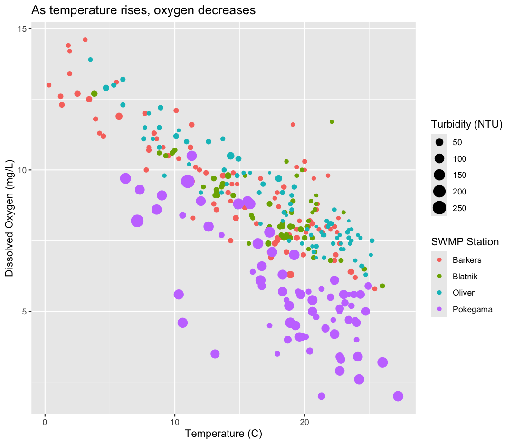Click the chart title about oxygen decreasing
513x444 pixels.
(x=143, y=10)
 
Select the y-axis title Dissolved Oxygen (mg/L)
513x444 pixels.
(x=9, y=221)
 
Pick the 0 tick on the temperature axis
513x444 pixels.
(x=45, y=421)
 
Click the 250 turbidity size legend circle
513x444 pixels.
(x=439, y=208)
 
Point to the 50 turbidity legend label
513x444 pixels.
(x=457, y=142)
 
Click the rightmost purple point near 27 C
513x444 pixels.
(x=398, y=397)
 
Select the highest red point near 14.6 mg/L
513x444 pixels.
(x=85, y=40)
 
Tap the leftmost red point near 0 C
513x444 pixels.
(x=49, y=85)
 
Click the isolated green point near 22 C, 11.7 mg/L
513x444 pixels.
(x=332, y=122)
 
